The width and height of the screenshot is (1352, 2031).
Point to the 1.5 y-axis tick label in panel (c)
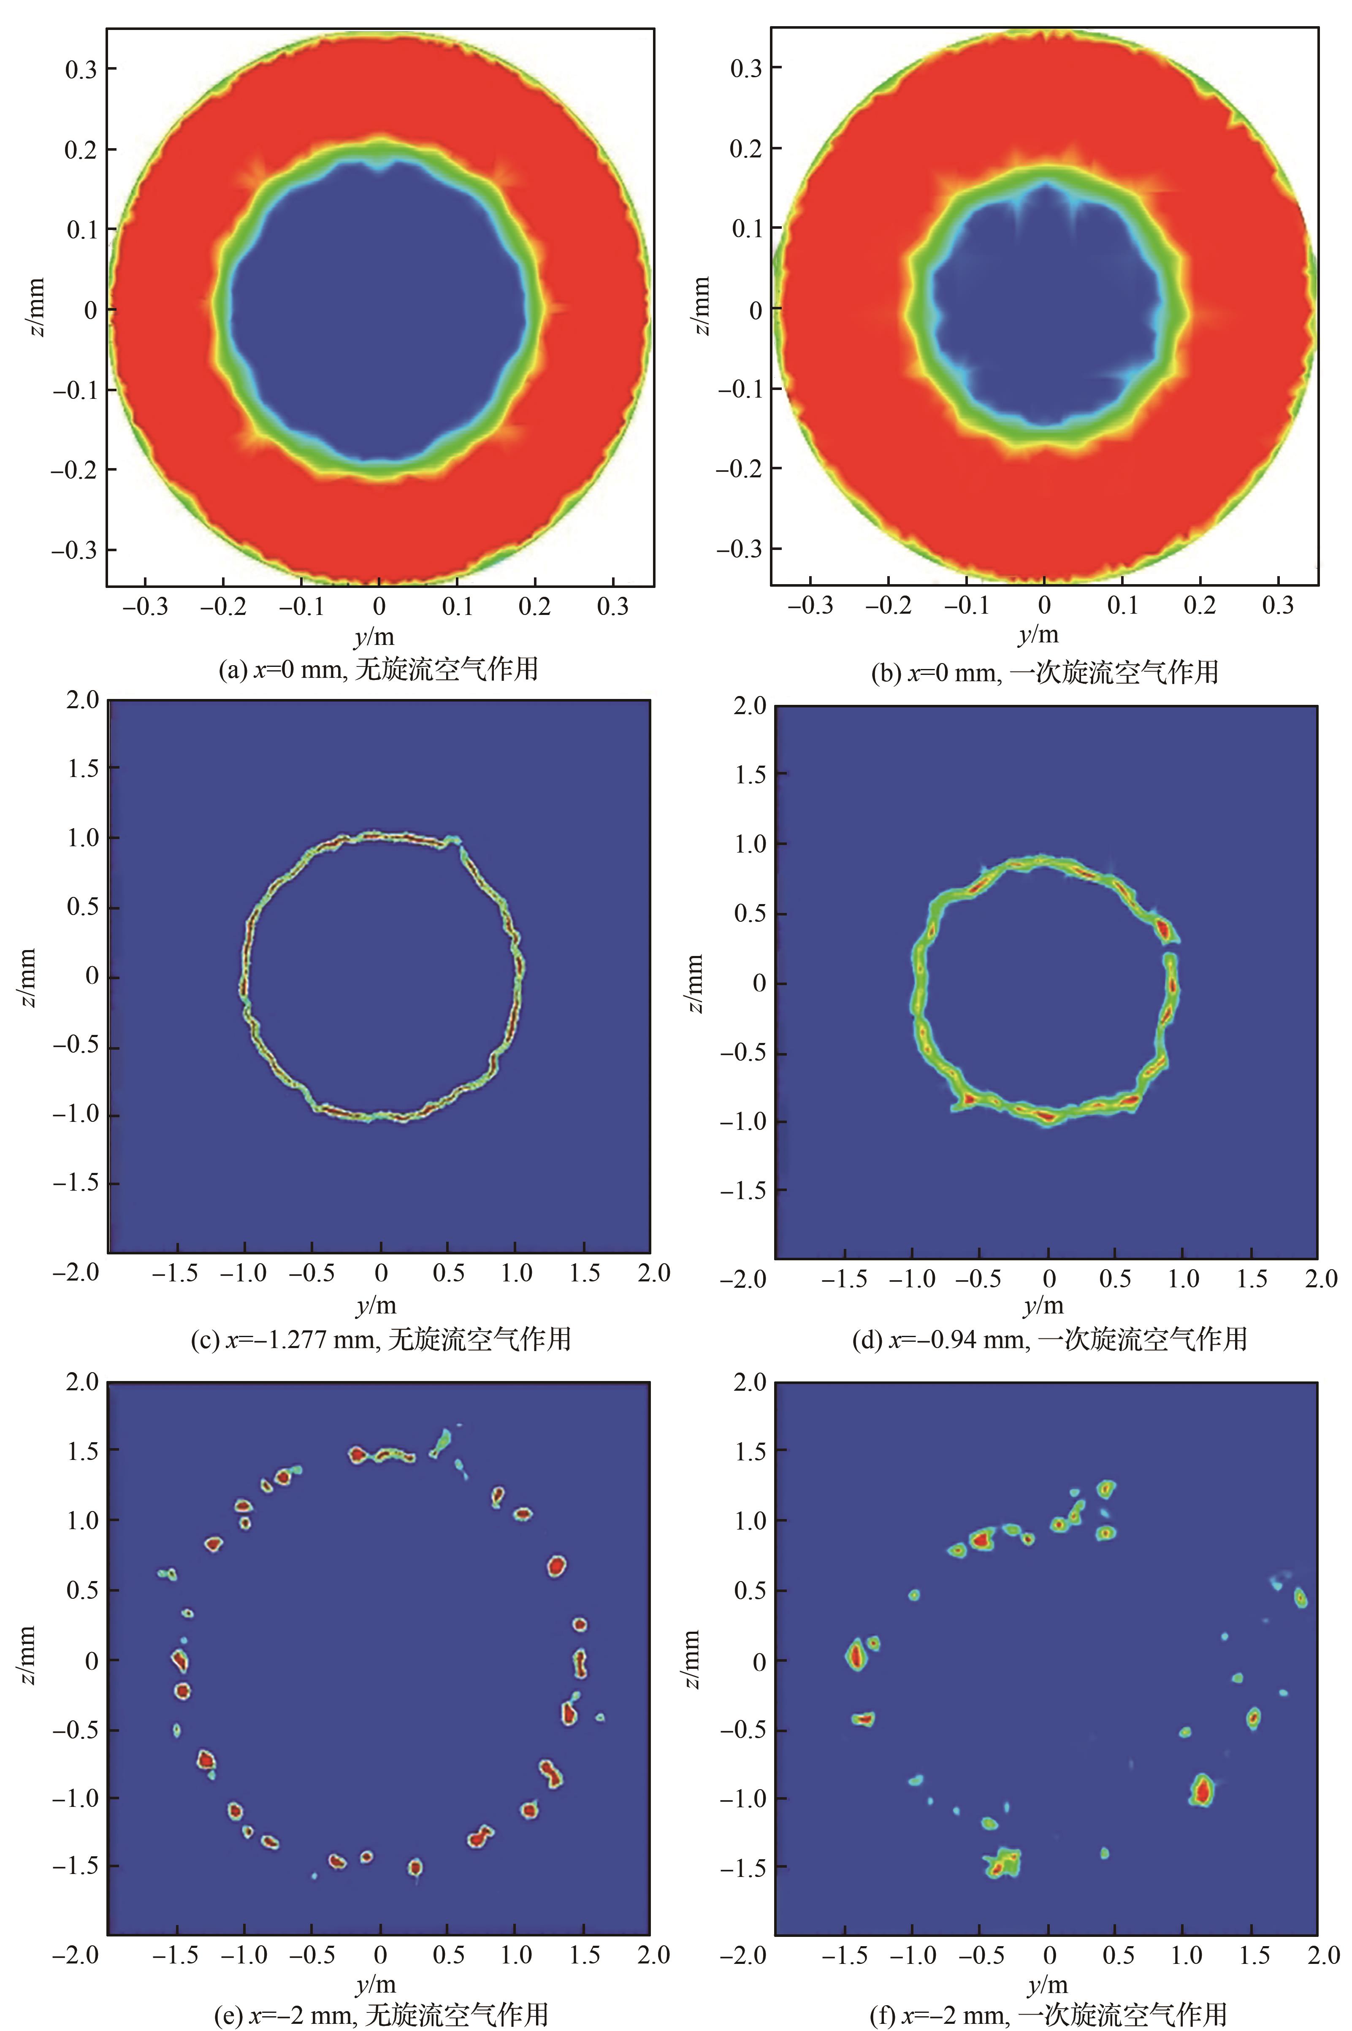click(82, 768)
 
